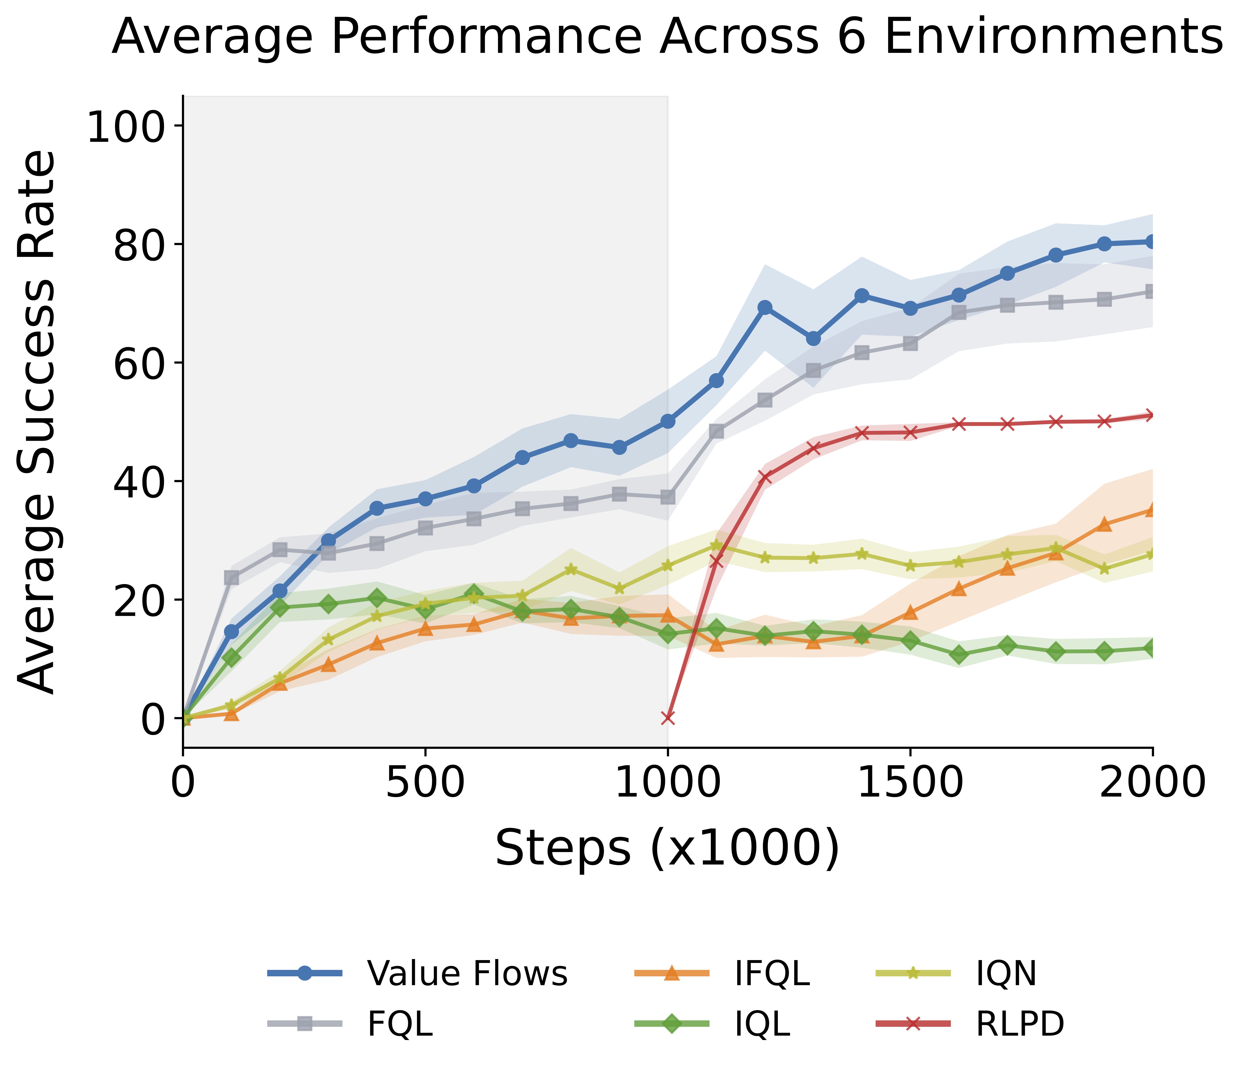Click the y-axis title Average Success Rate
[37, 422]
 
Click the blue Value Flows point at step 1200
[765, 307]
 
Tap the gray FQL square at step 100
[232, 578]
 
